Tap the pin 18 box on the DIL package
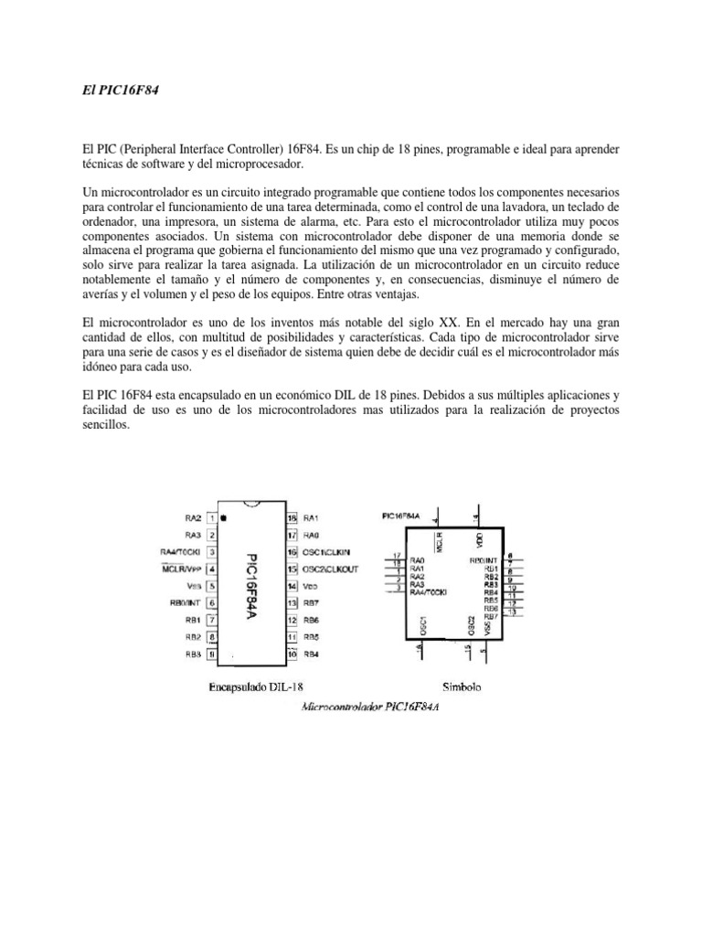[292, 517]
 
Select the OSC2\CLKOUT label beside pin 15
[330, 569]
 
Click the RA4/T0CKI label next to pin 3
[180, 552]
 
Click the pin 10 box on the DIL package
[292, 654]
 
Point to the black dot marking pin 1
[223, 517]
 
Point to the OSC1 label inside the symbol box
[421, 626]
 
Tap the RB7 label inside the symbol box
[491, 615]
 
